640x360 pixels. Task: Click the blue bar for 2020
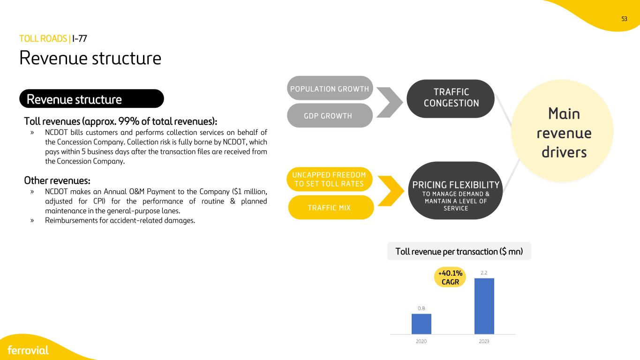pos(421,324)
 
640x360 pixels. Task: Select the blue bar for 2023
pos(484,306)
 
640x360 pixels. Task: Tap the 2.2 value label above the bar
pos(484,273)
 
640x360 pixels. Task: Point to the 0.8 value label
pos(421,308)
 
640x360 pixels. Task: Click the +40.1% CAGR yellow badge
pos(450,277)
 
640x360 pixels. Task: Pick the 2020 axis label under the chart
pos(421,341)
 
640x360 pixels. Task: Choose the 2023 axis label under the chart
pos(484,341)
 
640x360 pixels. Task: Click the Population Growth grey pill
pos(330,88)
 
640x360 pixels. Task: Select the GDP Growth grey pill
pos(330,115)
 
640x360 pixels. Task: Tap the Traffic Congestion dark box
pos(451,98)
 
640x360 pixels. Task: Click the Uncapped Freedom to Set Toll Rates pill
pos(330,179)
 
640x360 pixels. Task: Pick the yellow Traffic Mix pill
pos(331,208)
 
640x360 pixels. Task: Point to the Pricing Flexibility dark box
pos(455,191)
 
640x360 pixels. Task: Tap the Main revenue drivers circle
pos(562,131)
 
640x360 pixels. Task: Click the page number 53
pos(624,19)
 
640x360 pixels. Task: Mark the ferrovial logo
pos(28,350)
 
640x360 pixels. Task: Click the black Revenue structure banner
pos(91,98)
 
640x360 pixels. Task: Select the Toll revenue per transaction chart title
pos(459,251)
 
